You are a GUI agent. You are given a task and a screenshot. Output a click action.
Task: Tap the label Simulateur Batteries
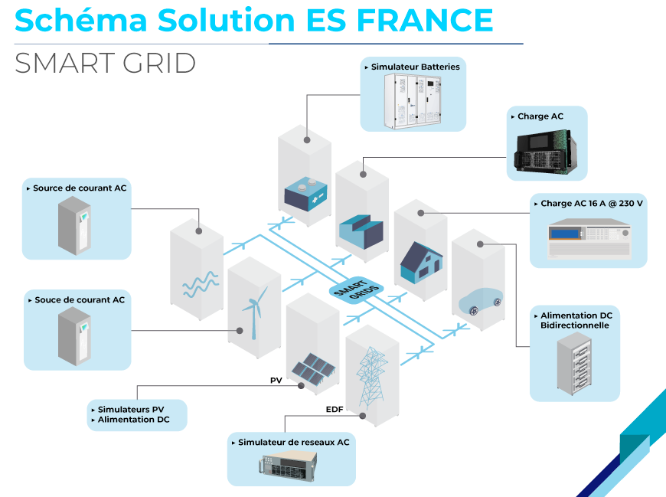click(415, 67)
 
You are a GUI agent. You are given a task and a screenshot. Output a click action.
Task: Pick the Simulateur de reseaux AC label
click(293, 443)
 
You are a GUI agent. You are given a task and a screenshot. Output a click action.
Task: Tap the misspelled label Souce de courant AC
click(79, 300)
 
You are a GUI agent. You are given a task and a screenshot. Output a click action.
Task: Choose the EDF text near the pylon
click(335, 410)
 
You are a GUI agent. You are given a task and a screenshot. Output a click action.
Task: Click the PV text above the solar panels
click(276, 381)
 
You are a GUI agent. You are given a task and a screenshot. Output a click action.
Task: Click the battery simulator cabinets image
click(413, 100)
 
